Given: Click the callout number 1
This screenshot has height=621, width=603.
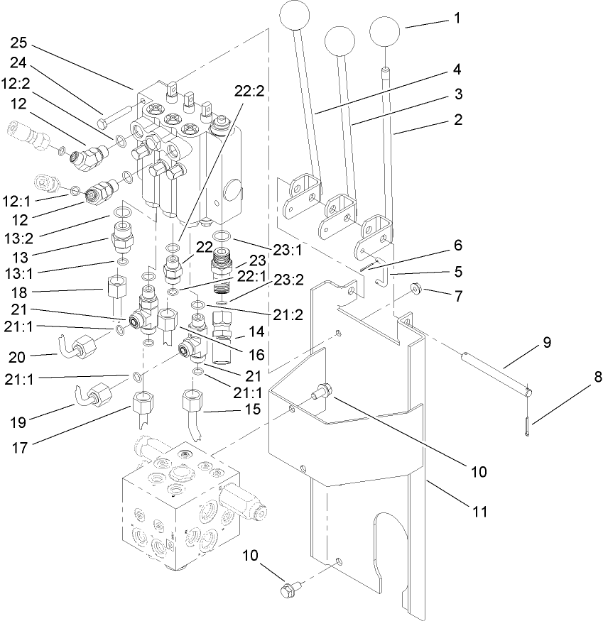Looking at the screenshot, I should click(457, 18).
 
